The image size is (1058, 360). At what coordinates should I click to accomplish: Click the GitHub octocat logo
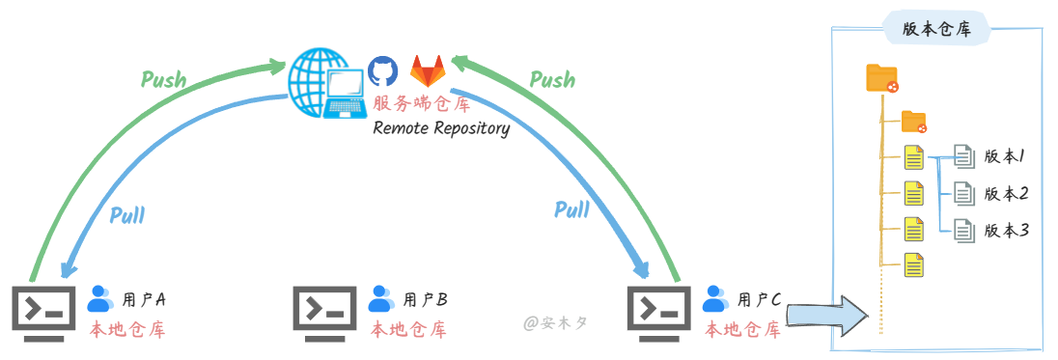(x=382, y=71)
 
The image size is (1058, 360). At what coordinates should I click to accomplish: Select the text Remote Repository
(x=441, y=128)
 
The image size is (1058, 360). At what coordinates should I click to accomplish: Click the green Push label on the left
(x=163, y=79)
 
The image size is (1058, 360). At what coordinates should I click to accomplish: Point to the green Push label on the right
(x=552, y=79)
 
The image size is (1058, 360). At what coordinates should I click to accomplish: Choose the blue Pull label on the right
(x=571, y=209)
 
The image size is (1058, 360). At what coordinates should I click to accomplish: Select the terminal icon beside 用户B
(x=325, y=311)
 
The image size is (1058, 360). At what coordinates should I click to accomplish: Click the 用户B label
(x=425, y=299)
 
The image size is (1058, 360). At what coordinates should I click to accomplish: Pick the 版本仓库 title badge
(x=936, y=29)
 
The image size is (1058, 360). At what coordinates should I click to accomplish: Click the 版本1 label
(x=1004, y=155)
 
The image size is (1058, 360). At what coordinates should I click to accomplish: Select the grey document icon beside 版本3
(x=963, y=230)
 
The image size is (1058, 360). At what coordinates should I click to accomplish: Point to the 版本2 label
(x=1006, y=193)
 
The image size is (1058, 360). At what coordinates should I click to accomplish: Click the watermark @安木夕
(x=556, y=322)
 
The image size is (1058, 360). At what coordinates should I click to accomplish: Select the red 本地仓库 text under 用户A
(x=127, y=330)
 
